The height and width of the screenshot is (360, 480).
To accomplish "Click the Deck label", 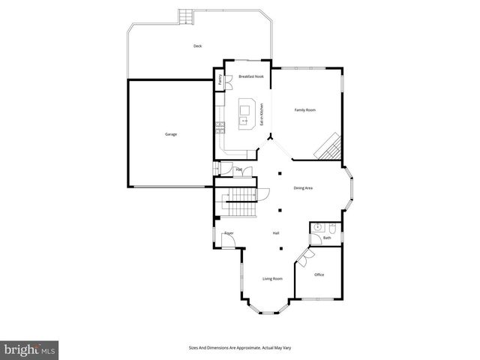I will (197, 46).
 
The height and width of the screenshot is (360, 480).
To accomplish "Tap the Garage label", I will (171, 134).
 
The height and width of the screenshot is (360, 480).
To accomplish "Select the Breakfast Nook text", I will (251, 76).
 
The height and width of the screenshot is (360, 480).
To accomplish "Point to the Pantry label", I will (220, 79).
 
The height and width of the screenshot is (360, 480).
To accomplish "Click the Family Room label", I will (304, 110).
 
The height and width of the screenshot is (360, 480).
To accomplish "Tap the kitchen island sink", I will (244, 119).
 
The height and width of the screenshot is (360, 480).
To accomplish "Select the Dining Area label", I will (303, 188).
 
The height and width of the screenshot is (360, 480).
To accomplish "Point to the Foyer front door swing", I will (227, 241).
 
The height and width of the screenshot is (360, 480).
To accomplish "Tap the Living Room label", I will (272, 279).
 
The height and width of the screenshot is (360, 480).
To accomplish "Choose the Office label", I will (319, 275).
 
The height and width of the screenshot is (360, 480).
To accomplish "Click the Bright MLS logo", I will (30, 349).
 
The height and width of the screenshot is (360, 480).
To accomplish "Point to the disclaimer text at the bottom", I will (240, 348).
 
